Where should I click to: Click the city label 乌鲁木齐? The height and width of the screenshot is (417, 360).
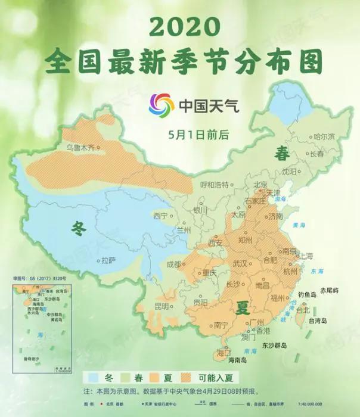(81, 147)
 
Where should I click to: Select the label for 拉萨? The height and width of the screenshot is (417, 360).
(108, 260)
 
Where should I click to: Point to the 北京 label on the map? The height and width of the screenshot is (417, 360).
(260, 185)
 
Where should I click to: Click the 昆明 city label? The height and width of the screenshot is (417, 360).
(162, 306)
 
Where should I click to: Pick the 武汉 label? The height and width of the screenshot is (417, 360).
(240, 263)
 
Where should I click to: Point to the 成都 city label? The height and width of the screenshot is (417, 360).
(173, 263)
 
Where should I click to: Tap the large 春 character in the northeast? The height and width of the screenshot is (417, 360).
(281, 154)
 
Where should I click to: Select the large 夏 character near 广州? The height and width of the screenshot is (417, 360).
(243, 308)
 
